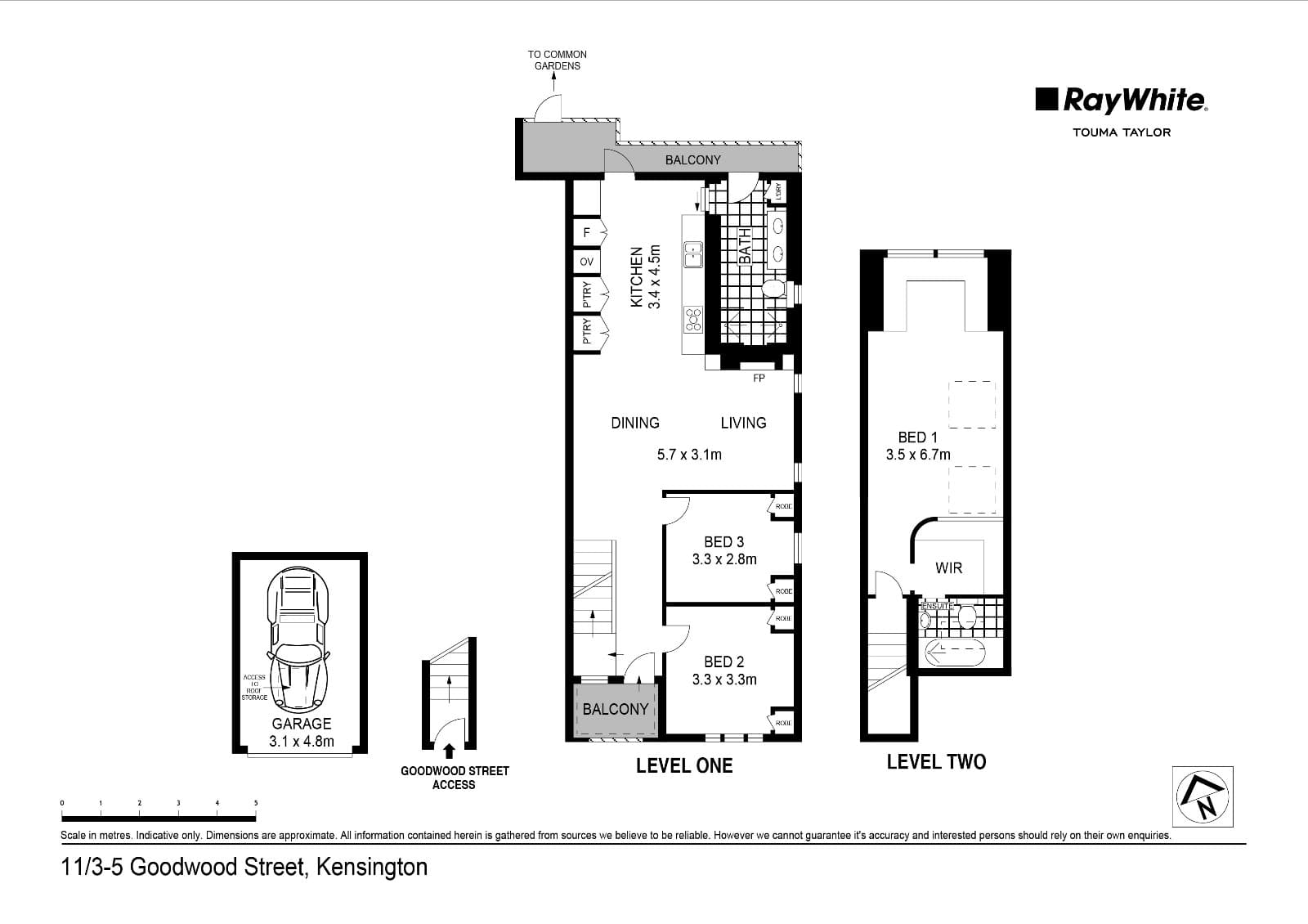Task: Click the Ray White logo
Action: coord(1121,101)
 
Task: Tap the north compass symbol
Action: coord(1203,796)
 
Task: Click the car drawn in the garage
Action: coord(299,638)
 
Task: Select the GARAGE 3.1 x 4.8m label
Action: coord(301,733)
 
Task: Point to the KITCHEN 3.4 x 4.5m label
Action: coord(644,277)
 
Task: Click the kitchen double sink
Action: coord(693,253)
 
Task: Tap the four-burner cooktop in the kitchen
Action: coord(693,319)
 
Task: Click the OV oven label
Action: coord(586,262)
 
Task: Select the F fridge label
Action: coord(586,233)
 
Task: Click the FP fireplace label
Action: coord(759,379)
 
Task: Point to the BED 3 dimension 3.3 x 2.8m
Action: coord(724,559)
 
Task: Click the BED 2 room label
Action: coord(723,662)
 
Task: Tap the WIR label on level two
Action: coord(948,567)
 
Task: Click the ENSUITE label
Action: coord(937,606)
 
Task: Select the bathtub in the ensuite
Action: coord(956,653)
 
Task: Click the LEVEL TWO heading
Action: coord(936,762)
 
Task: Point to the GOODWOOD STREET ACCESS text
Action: coord(455,778)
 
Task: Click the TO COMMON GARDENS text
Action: coord(557,60)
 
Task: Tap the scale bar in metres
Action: coord(159,818)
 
